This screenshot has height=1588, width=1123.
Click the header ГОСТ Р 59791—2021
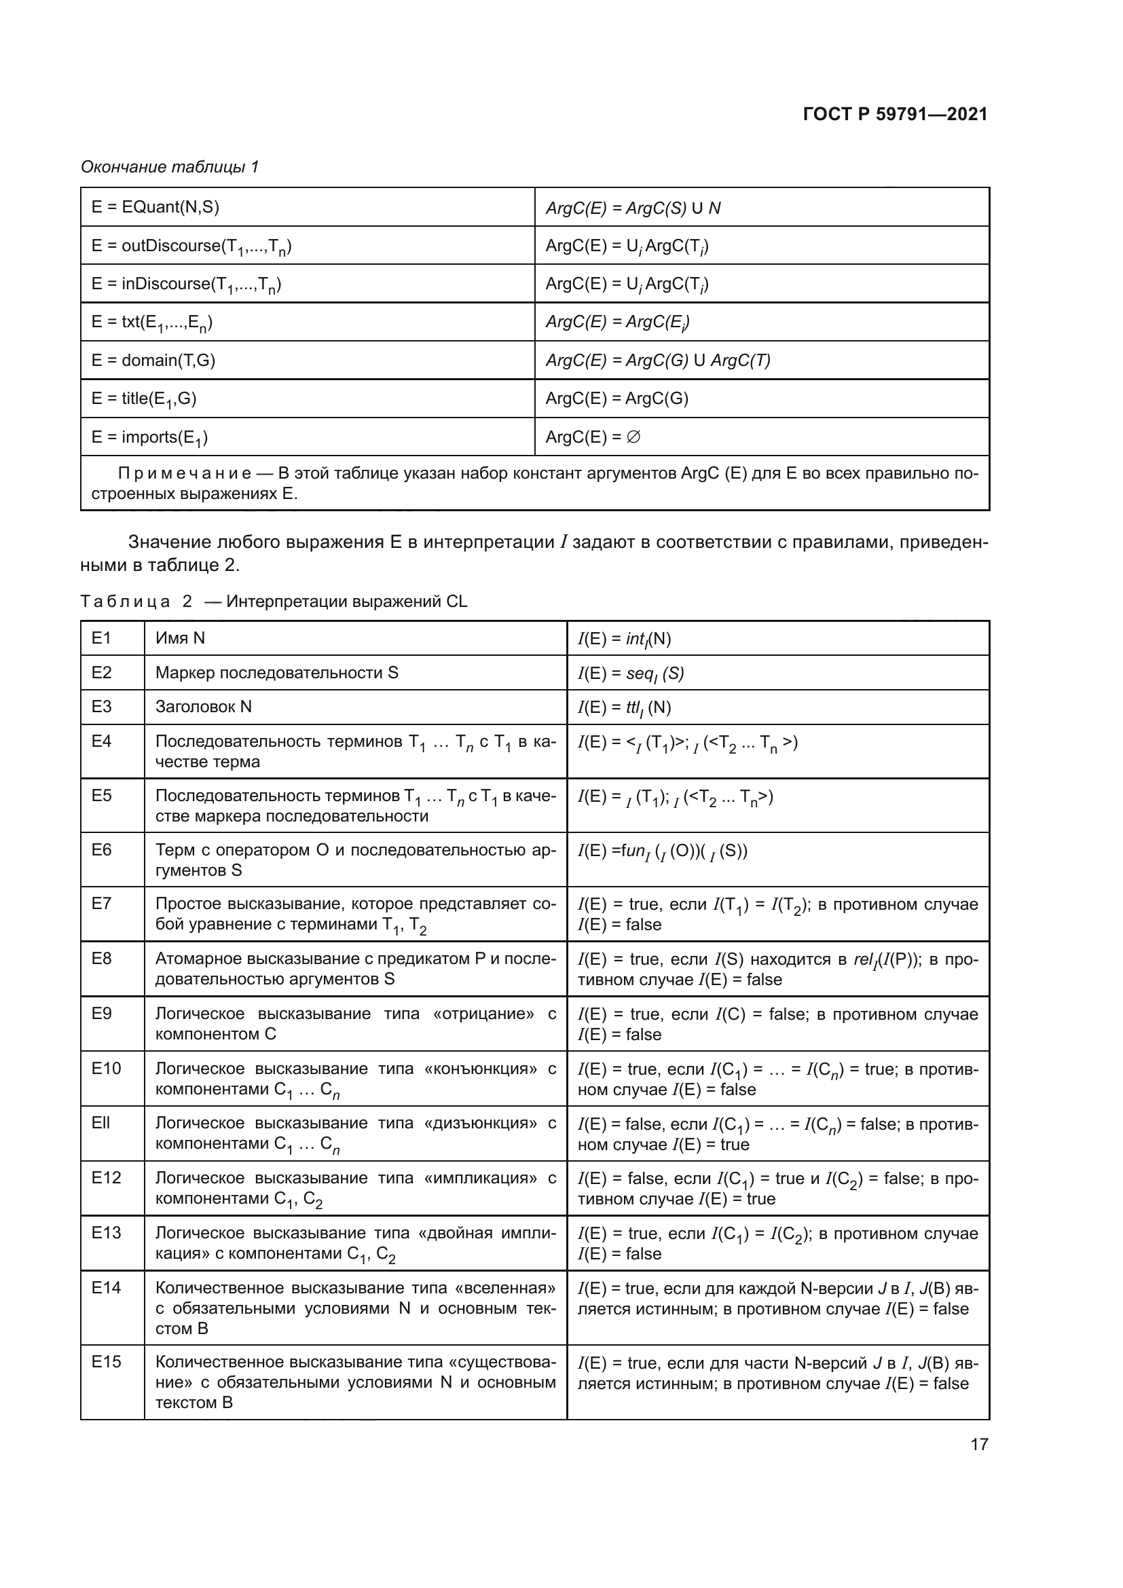tap(895, 115)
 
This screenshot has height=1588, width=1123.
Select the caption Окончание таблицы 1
tap(170, 167)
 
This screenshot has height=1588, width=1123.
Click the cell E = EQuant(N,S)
tap(155, 207)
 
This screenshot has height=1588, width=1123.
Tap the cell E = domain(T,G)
tap(153, 360)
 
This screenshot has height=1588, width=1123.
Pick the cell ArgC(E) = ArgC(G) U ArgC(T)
tap(658, 361)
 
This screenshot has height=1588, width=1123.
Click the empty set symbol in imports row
tap(633, 437)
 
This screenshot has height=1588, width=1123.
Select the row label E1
tap(102, 638)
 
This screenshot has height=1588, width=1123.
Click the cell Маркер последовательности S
tap(276, 672)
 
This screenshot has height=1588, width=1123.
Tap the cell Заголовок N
tap(203, 706)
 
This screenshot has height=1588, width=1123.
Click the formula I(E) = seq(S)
tap(630, 673)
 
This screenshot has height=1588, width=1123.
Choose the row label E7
tap(102, 903)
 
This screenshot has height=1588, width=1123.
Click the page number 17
tap(978, 1444)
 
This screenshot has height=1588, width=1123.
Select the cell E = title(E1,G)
tap(144, 399)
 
